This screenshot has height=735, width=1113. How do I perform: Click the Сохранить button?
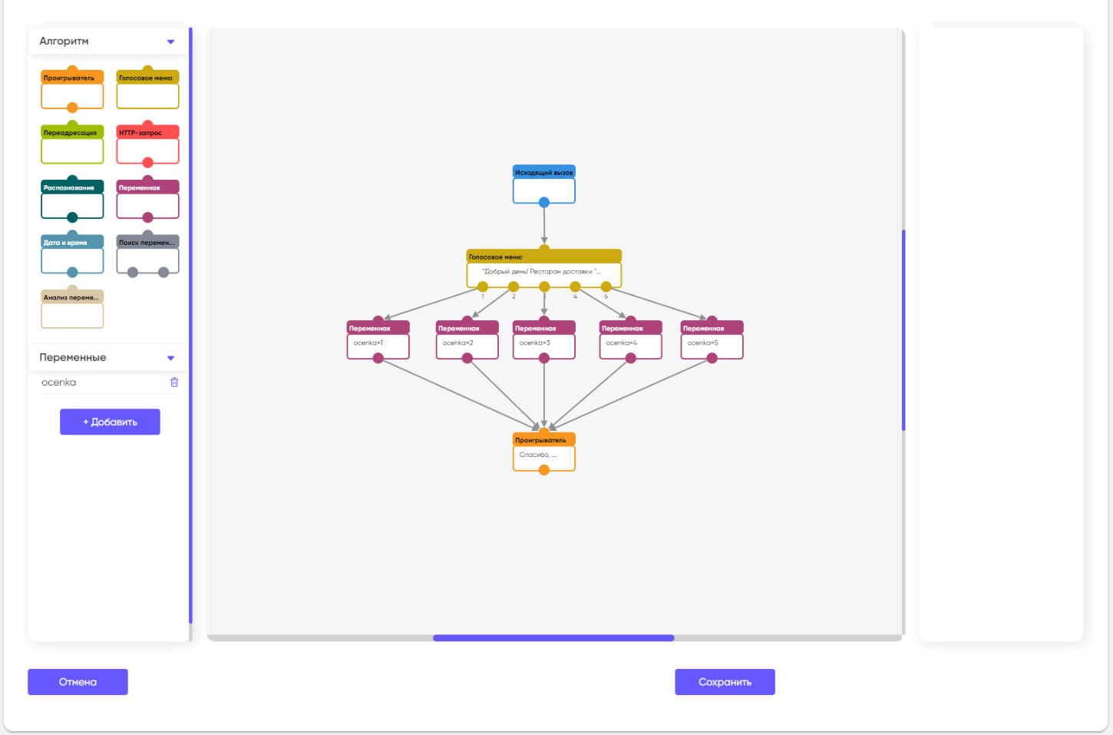725,682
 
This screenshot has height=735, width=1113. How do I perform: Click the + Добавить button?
110,422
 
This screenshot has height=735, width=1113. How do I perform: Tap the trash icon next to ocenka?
174,382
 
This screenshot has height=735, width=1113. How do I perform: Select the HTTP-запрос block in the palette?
147,145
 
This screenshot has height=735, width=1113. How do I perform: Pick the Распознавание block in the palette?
72,200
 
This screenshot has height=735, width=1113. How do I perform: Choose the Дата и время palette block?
72,255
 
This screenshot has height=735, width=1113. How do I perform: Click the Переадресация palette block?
72,145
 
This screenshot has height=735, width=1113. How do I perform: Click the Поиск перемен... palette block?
147,255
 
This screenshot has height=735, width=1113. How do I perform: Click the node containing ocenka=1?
378,341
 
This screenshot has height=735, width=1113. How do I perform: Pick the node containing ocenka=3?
543,341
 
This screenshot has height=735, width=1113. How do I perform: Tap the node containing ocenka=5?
712,341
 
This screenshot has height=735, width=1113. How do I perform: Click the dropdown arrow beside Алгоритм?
170,41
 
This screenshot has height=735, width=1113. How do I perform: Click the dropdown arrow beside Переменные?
170,358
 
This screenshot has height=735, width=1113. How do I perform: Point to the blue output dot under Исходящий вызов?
543,203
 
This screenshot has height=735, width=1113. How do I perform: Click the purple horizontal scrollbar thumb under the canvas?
553,637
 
